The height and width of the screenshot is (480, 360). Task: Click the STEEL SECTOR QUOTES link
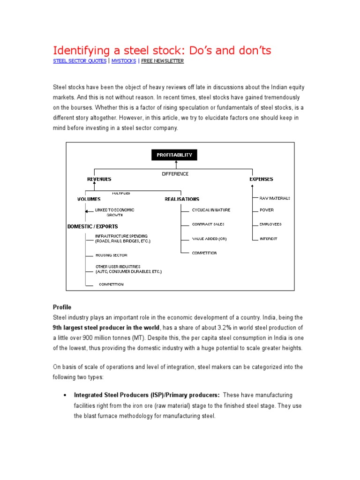79,61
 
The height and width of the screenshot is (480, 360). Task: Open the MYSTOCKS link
124,61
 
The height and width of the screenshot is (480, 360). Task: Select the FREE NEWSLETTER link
163,61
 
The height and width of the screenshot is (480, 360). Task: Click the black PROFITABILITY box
175,155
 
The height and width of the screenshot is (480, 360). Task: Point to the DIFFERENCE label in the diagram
175,174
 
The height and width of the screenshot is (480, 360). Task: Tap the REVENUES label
99,179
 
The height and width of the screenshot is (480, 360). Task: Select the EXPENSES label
261,179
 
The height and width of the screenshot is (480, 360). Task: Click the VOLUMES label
89,199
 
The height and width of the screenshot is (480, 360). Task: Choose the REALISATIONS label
182,199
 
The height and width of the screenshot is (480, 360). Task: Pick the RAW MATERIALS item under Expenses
275,198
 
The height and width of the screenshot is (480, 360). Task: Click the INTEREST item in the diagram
268,239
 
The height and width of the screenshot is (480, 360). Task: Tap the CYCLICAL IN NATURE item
211,210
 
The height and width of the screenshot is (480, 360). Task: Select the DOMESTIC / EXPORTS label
93,226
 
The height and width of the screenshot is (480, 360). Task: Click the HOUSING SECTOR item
111,255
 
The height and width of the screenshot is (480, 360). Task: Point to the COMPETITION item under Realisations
204,253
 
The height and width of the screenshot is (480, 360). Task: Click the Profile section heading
62,307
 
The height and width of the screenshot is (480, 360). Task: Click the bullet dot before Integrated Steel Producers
64,396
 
